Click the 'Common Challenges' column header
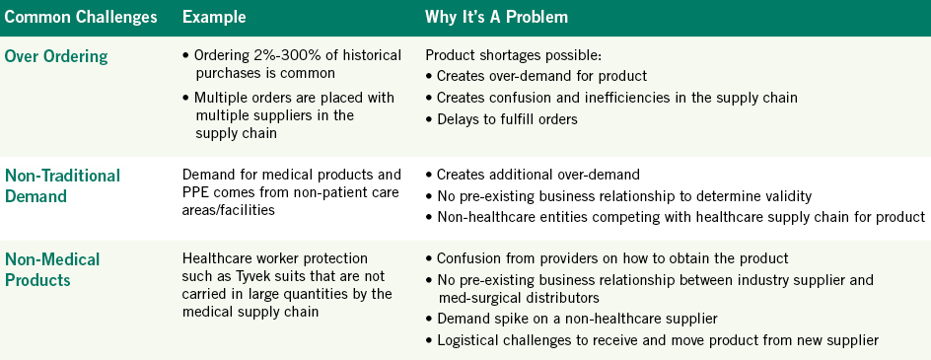81,17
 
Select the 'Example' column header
214,17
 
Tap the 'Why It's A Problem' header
496,17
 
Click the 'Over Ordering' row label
56,56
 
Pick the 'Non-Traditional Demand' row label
62,185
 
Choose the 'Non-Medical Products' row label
52,269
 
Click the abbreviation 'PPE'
195,192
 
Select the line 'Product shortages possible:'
514,56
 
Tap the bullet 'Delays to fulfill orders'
502,118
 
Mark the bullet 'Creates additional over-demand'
533,175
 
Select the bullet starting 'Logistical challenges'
652,340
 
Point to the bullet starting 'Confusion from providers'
607,258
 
